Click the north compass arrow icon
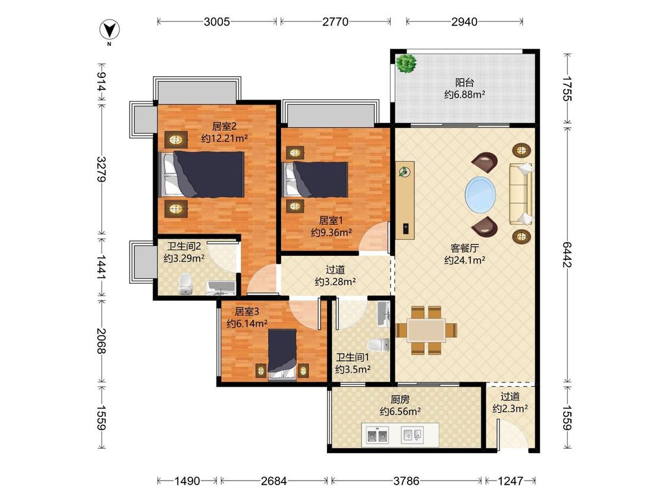[x=109, y=30]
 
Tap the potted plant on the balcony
[x=406, y=63]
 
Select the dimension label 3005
[x=216, y=21]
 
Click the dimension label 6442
[x=567, y=255]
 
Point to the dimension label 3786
[x=406, y=481]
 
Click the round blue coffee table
[x=480, y=194]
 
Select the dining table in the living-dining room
[x=426, y=330]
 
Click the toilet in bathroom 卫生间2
[x=186, y=284]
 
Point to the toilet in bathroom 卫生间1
[x=378, y=344]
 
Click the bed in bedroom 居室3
[x=282, y=354]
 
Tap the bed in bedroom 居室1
[x=316, y=179]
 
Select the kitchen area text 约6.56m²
[x=400, y=412]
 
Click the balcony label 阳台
[x=464, y=83]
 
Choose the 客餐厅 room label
[x=464, y=248]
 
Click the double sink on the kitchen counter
[x=378, y=435]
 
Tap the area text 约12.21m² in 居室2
[x=224, y=139]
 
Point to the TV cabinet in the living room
[x=405, y=200]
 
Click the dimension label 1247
[x=510, y=481]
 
